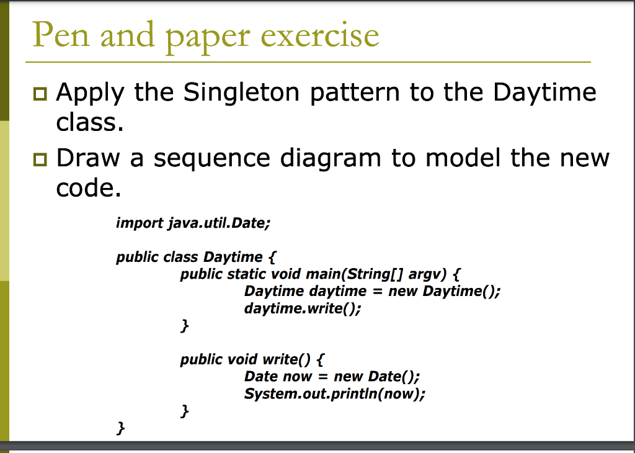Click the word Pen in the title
[60, 35]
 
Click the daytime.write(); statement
[302, 308]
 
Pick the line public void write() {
[251, 359]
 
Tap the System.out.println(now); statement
[335, 394]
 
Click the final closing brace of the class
[121, 428]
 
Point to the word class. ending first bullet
[86, 123]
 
